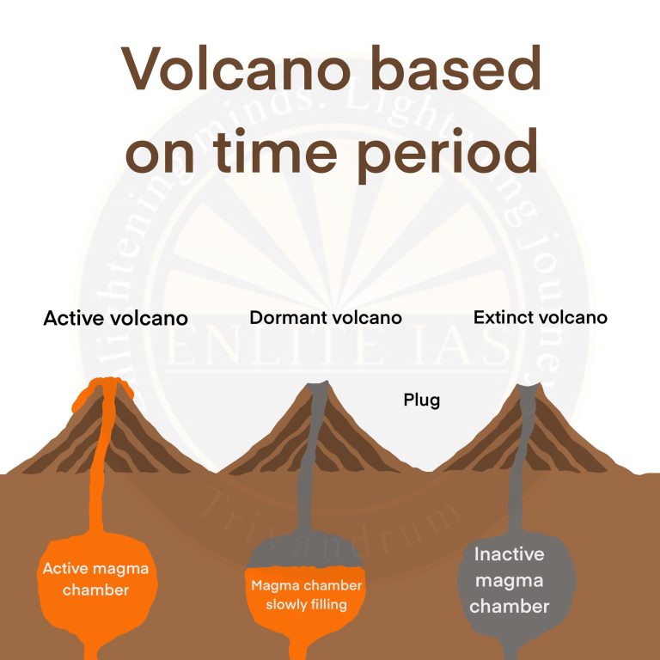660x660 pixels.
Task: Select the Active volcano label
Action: [115, 319]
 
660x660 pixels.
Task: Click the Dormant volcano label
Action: [326, 317]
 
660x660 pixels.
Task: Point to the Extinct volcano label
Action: [540, 317]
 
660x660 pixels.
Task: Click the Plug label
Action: [421, 400]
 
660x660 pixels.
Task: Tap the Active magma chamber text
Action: [95, 579]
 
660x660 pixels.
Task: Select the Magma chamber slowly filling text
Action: [306, 595]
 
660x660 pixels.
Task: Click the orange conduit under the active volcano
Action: [101, 481]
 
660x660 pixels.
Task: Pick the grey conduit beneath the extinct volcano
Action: [516, 490]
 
